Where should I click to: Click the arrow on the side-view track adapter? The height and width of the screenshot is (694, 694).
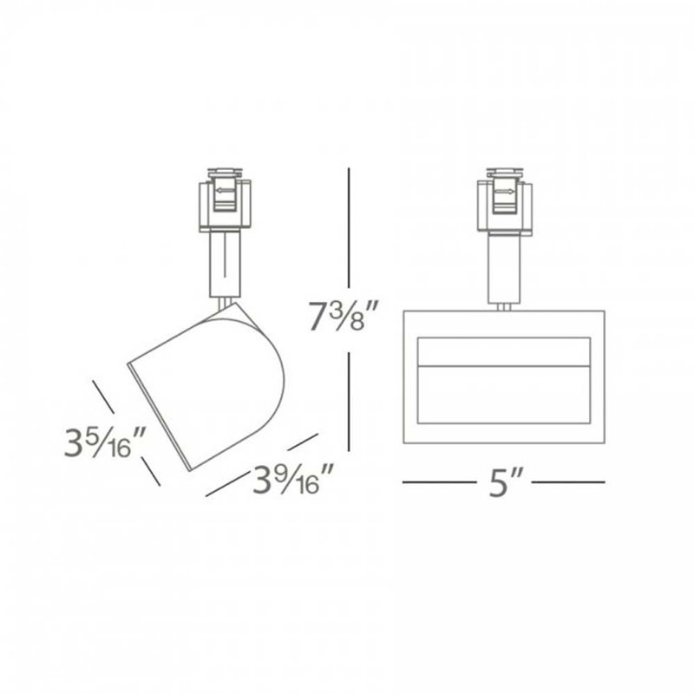(x=226, y=192)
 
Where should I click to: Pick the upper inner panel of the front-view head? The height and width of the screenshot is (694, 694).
(x=503, y=351)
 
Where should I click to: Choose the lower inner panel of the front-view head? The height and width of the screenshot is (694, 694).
(x=503, y=396)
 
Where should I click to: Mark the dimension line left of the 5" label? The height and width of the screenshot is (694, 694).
(x=438, y=481)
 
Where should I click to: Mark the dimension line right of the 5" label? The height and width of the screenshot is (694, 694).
(x=569, y=481)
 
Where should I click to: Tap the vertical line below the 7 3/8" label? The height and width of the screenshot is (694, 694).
(x=349, y=400)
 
